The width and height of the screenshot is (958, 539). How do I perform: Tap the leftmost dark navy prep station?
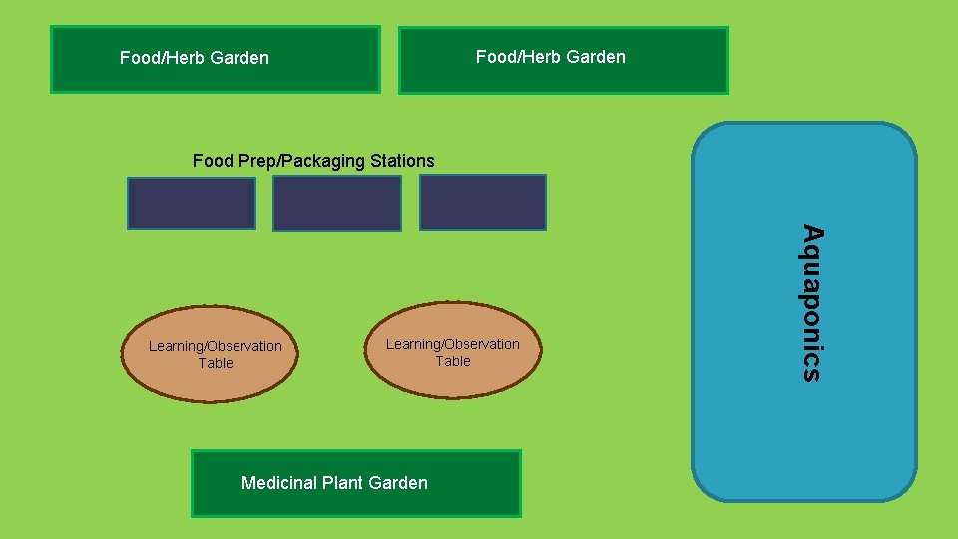click(x=191, y=203)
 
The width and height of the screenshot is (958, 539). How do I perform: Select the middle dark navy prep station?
click(x=337, y=204)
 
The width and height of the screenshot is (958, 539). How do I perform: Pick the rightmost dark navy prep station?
click(x=483, y=202)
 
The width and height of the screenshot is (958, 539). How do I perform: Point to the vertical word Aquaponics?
click(x=813, y=303)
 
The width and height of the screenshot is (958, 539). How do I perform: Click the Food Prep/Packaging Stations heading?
click(x=313, y=160)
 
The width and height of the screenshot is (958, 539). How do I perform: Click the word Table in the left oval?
click(x=216, y=363)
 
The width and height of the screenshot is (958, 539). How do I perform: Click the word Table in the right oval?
click(x=452, y=361)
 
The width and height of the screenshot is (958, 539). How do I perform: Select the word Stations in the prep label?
click(x=402, y=160)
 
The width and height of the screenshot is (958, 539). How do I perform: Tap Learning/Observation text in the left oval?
click(x=216, y=346)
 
